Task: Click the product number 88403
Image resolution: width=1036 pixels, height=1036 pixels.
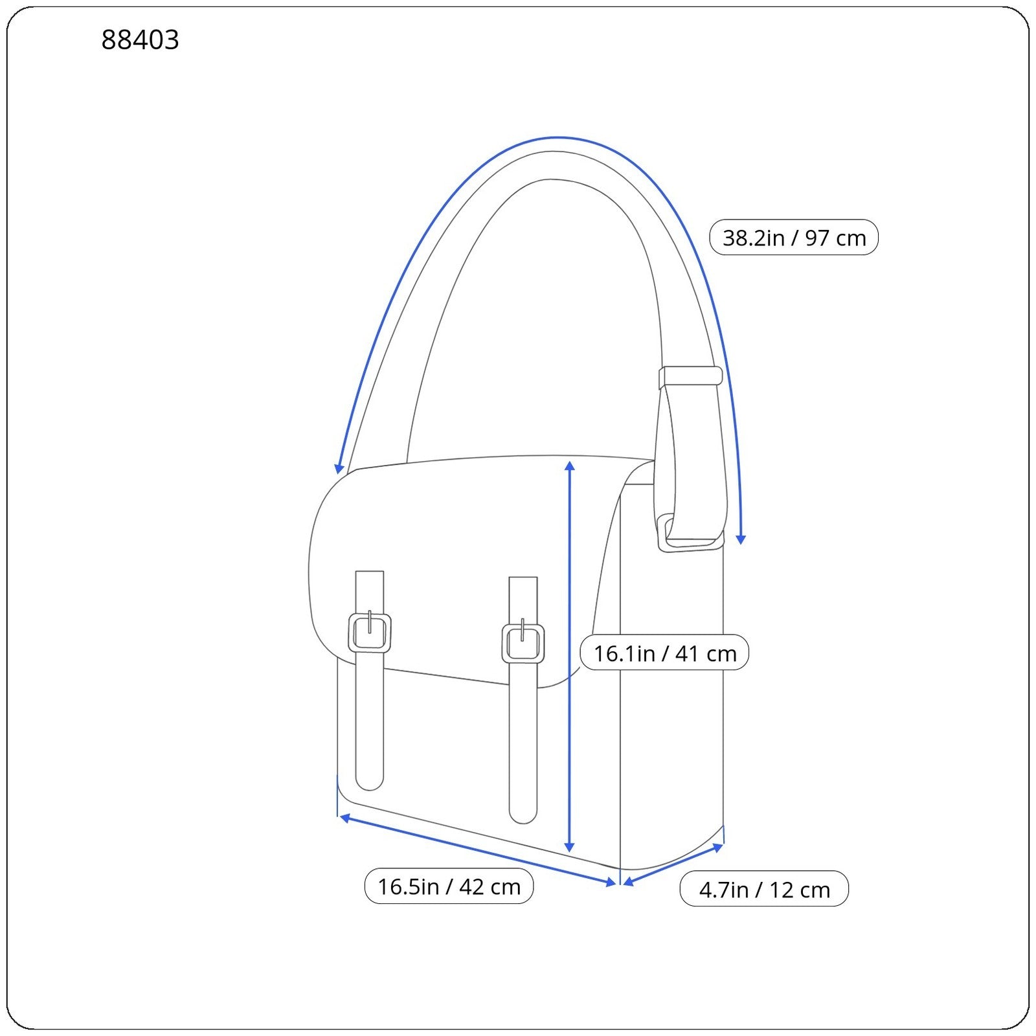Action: [x=140, y=40]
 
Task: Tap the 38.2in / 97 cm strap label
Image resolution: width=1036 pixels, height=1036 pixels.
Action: [x=794, y=238]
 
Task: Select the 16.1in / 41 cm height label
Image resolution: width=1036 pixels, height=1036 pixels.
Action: [x=664, y=653]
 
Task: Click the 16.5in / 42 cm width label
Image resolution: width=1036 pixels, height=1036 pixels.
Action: [x=449, y=886]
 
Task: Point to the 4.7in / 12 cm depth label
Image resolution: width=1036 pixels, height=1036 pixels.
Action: [x=764, y=890]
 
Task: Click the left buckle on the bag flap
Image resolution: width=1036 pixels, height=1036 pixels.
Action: [x=370, y=633]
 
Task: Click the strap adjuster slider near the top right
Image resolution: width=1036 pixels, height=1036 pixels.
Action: [x=690, y=376]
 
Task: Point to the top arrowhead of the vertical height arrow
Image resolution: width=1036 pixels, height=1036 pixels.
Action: [x=570, y=466]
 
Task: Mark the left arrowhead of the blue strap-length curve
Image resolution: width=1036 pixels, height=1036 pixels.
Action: [x=339, y=469]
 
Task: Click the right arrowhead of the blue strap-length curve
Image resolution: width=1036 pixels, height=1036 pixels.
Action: [x=741, y=539]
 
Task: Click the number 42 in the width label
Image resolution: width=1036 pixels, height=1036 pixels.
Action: [x=472, y=886]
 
